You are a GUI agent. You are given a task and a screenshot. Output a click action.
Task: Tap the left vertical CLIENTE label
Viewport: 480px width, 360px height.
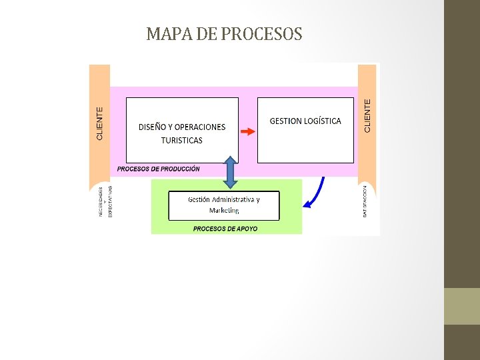click(x=100, y=123)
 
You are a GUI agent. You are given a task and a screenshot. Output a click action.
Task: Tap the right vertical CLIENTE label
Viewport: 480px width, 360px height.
click(x=367, y=115)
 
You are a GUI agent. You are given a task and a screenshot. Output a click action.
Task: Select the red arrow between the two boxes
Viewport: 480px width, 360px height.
click(x=247, y=132)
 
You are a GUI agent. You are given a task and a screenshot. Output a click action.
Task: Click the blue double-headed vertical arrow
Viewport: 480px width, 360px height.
click(x=230, y=173)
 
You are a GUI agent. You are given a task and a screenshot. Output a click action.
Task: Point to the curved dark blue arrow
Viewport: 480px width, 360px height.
click(x=314, y=195)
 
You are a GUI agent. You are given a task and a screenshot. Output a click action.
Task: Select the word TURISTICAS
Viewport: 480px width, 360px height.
click(x=181, y=141)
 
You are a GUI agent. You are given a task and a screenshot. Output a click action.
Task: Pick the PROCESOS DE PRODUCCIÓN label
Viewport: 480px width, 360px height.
click(x=158, y=169)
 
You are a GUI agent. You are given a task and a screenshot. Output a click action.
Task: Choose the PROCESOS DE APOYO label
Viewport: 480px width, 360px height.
click(x=225, y=229)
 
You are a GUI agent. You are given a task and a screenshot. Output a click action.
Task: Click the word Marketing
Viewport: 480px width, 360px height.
click(x=224, y=211)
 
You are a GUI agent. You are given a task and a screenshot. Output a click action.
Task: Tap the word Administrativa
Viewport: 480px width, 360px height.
click(x=233, y=199)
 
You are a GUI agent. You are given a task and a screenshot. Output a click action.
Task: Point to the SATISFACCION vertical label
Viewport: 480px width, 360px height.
click(x=365, y=201)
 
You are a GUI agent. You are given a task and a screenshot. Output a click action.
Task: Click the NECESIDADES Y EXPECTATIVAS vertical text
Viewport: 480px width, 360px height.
click(x=105, y=201)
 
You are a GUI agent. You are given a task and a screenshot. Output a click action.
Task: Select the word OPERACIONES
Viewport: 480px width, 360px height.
click(x=200, y=127)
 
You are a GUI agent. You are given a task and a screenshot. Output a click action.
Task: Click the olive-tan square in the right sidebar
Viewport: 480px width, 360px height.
click(x=461, y=306)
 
